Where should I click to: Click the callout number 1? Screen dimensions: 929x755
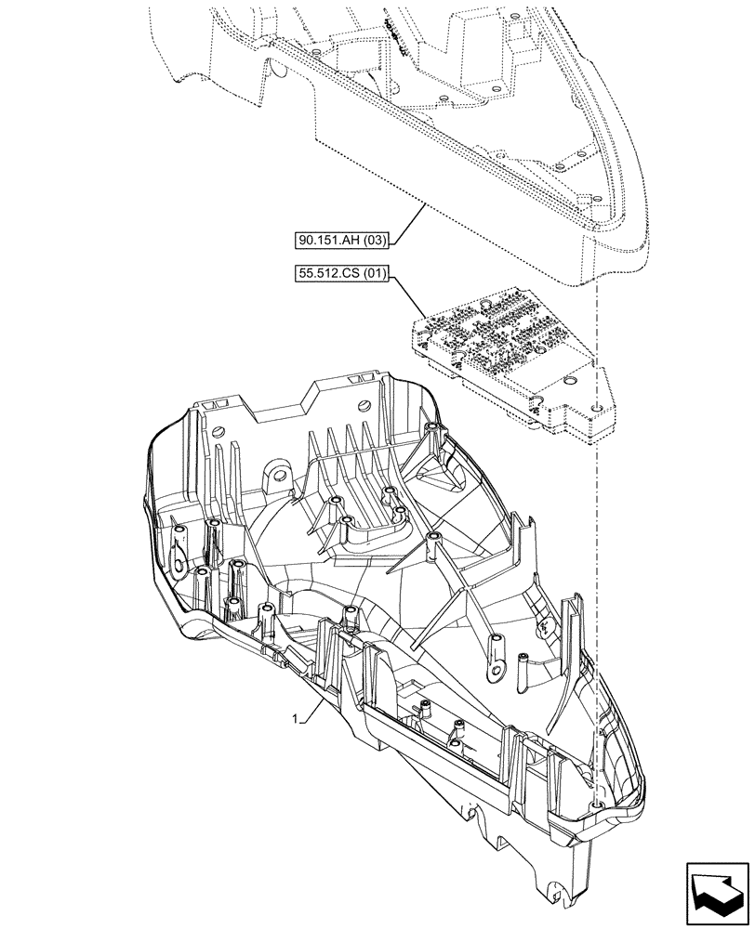pyautogui.click(x=295, y=718)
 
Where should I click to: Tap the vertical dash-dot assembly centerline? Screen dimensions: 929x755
pyautogui.click(x=594, y=557)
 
